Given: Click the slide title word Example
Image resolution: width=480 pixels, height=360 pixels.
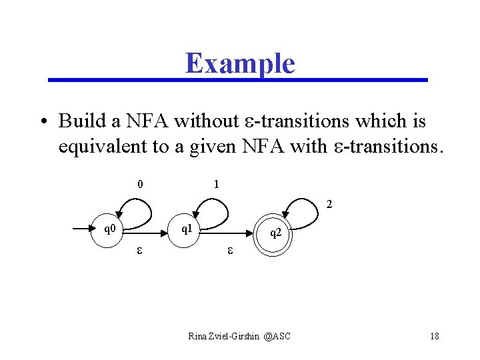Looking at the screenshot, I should click(x=240, y=63).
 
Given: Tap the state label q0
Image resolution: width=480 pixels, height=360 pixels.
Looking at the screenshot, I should click(x=109, y=229).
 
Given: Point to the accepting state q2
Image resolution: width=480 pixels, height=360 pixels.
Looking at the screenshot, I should click(x=275, y=234).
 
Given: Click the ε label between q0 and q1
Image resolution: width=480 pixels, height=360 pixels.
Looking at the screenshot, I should click(x=140, y=251).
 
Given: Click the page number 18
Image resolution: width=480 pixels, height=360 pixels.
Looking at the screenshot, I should click(x=434, y=336).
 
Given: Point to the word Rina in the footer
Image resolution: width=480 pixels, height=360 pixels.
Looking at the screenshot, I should click(x=197, y=336).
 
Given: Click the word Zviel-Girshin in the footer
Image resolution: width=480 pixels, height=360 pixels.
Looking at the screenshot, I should click(x=234, y=336).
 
